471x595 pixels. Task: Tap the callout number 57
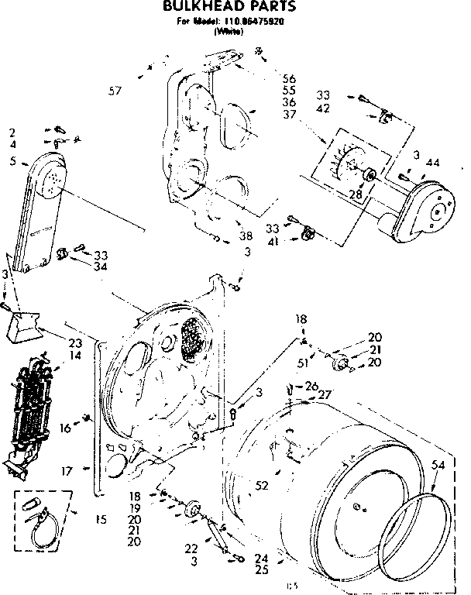tap(115, 92)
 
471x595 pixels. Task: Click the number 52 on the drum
tap(262, 485)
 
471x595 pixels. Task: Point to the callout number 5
tap(14, 162)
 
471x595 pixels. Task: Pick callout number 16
tap(65, 427)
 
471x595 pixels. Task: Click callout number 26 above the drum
tap(311, 385)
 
